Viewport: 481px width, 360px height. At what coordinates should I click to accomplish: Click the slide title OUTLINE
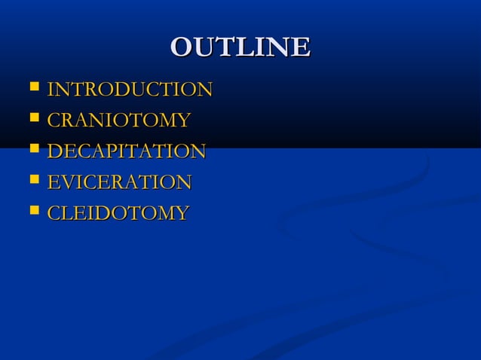tap(240, 47)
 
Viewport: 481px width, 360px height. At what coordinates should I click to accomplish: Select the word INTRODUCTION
tap(129, 90)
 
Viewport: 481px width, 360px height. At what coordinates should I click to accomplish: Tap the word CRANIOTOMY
tap(118, 121)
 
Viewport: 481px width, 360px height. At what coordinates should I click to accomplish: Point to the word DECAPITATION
tap(126, 151)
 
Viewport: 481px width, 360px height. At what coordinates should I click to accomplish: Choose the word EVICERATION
tap(119, 182)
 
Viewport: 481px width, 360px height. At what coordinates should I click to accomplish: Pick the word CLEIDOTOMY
tap(118, 213)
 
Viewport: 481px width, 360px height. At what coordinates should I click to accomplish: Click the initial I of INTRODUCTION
tap(51, 90)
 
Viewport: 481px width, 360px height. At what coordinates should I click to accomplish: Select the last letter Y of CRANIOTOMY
tap(182, 121)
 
